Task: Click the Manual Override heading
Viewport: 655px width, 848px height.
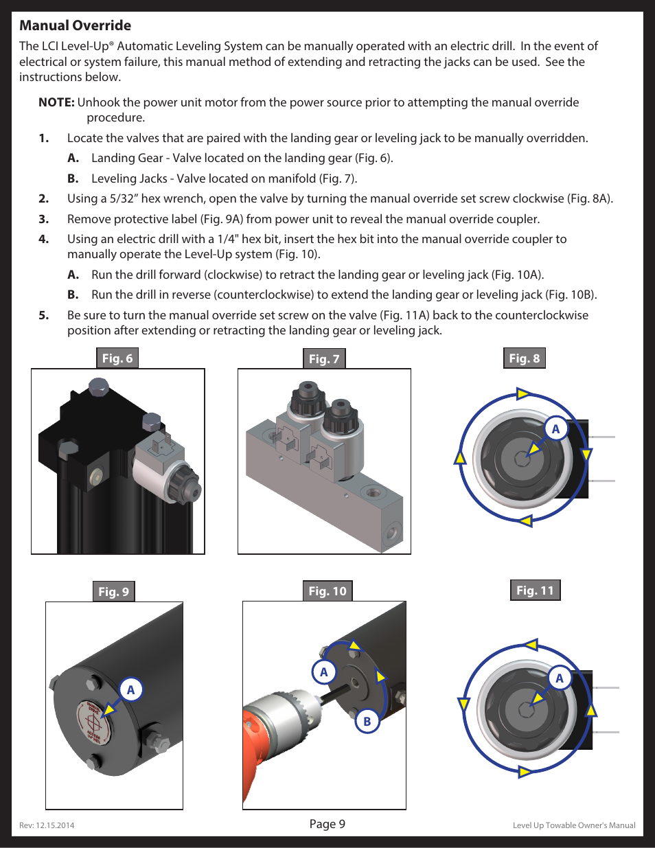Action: click(x=76, y=25)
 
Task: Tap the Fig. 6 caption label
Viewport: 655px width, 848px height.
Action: click(x=117, y=358)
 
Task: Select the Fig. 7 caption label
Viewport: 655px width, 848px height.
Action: click(x=324, y=358)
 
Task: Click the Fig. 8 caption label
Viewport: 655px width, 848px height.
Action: click(x=525, y=358)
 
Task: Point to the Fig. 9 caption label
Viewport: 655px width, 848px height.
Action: click(x=113, y=592)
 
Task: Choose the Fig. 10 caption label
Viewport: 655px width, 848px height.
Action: click(x=327, y=591)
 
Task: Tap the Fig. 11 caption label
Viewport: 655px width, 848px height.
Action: click(x=536, y=590)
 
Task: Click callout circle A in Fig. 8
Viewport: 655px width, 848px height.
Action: click(x=555, y=429)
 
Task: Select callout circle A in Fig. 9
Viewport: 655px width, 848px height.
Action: click(x=130, y=690)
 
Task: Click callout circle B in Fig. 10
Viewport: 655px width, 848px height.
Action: click(x=367, y=721)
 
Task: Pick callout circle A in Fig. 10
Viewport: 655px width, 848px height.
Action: click(x=324, y=672)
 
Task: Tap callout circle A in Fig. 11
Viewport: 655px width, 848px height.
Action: click(x=560, y=678)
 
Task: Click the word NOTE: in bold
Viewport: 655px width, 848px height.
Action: click(x=56, y=102)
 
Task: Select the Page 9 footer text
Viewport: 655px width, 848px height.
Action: click(x=327, y=823)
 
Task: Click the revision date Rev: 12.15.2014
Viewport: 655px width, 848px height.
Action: click(x=47, y=825)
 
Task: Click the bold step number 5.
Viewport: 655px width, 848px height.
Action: click(x=44, y=315)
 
